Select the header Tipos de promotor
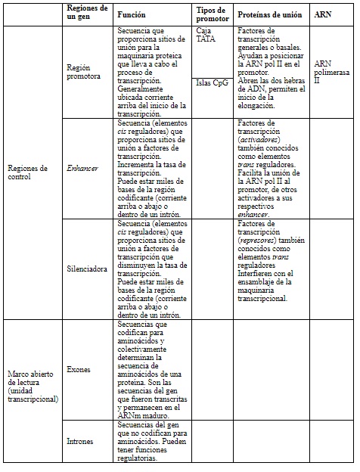click(211, 14)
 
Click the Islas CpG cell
click(211, 82)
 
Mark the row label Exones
click(79, 370)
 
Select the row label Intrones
click(81, 440)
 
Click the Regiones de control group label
click(29, 172)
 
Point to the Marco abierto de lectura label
click(31, 385)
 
